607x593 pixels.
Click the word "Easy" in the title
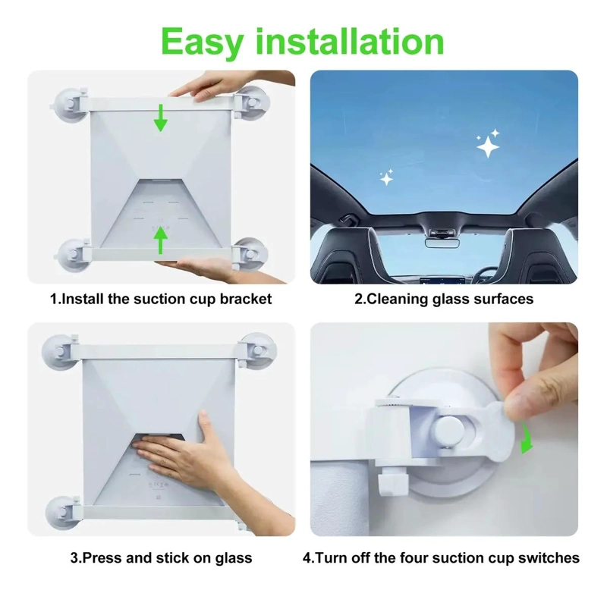click(x=202, y=43)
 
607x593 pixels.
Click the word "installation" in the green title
click(x=350, y=42)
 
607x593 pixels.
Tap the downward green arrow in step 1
click(x=161, y=118)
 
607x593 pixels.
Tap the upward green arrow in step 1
click(x=161, y=240)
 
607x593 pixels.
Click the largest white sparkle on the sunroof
click(x=488, y=147)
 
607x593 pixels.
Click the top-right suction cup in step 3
click(x=256, y=350)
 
